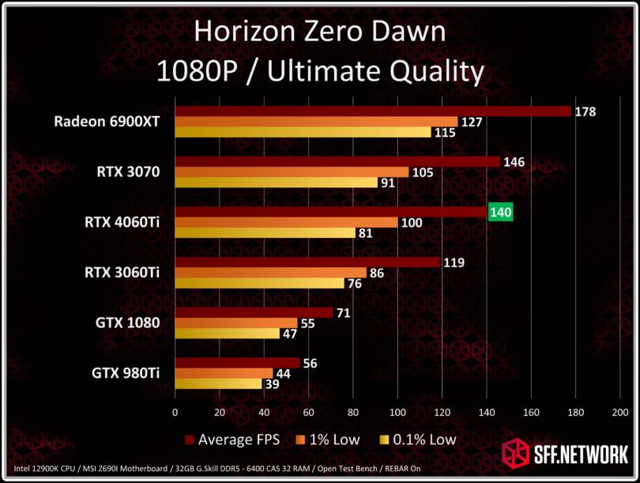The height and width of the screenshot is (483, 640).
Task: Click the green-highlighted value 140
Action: tap(501, 212)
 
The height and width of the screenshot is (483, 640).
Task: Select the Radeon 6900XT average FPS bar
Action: tap(372, 111)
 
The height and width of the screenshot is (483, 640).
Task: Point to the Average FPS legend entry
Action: tap(233, 439)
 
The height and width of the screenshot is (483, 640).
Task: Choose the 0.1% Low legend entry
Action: tap(418, 439)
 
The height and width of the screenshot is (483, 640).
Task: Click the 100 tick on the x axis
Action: tap(397, 412)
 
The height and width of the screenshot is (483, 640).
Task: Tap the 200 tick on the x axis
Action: tap(620, 412)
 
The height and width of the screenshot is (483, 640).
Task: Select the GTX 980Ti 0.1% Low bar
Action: tap(218, 384)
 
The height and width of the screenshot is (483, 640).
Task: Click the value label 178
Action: tap(585, 111)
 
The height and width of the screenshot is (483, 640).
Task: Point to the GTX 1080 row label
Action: tap(126, 323)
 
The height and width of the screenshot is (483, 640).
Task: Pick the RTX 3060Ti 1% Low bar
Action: tap(270, 273)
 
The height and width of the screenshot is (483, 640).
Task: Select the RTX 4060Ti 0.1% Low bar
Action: tap(265, 233)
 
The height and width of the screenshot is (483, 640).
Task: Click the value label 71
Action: tap(343, 313)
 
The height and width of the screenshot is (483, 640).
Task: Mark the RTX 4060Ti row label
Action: tap(122, 222)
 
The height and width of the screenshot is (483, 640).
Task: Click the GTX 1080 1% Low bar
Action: tap(235, 323)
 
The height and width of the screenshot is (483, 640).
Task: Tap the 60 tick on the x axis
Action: tap(308, 412)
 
